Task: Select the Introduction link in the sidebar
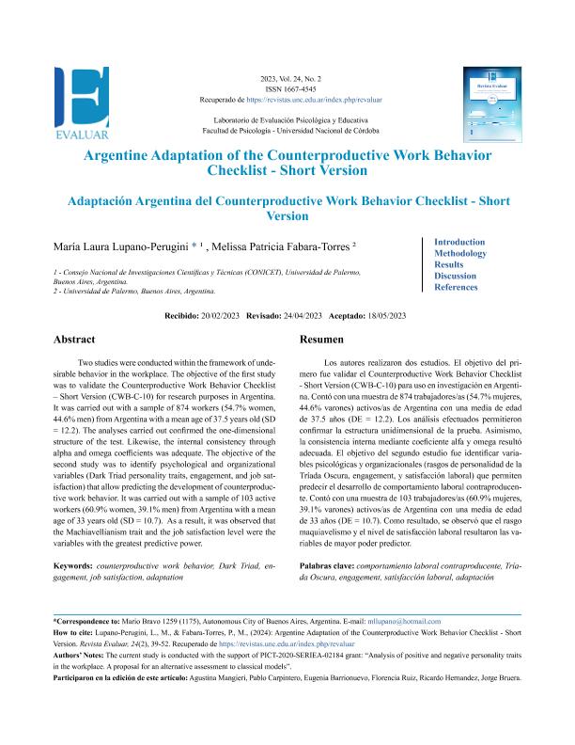(459, 242)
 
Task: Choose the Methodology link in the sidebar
(460, 253)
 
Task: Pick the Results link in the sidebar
(449, 264)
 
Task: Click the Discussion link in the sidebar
(456, 276)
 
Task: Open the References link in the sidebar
(457, 287)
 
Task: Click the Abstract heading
(74, 340)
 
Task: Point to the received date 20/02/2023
(219, 316)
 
